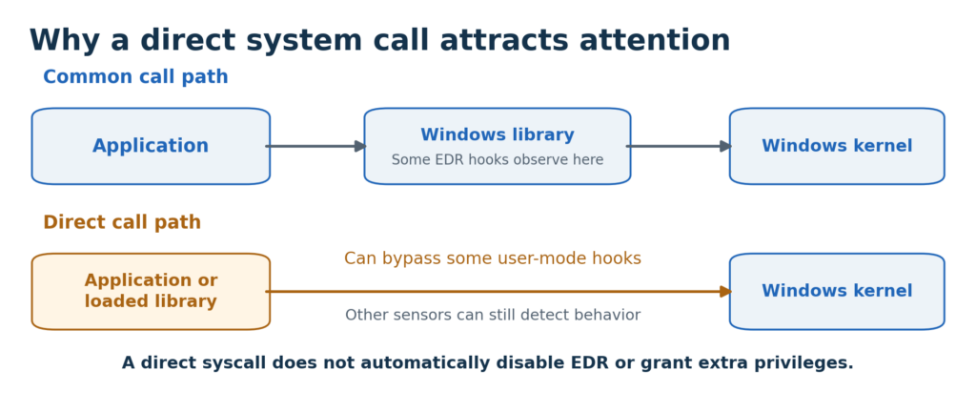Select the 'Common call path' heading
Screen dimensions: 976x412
[x=135, y=77]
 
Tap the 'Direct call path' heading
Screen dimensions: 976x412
[x=122, y=222]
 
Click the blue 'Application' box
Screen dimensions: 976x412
[x=151, y=146]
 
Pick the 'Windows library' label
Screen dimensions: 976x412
[x=498, y=135]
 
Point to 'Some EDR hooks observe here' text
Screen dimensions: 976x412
[x=498, y=160]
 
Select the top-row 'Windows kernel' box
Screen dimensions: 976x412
[x=837, y=146]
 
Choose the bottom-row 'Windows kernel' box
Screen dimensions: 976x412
[x=837, y=291]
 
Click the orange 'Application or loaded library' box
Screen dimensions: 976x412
[x=151, y=291]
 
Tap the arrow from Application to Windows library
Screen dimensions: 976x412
[x=316, y=146]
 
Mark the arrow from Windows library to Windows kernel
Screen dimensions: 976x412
[x=679, y=146]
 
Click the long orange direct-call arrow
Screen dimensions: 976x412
[x=498, y=291]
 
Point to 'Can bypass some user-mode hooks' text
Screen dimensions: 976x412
[x=493, y=258]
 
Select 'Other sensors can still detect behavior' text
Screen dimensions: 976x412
[x=493, y=315]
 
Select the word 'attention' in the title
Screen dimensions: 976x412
[x=655, y=40]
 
